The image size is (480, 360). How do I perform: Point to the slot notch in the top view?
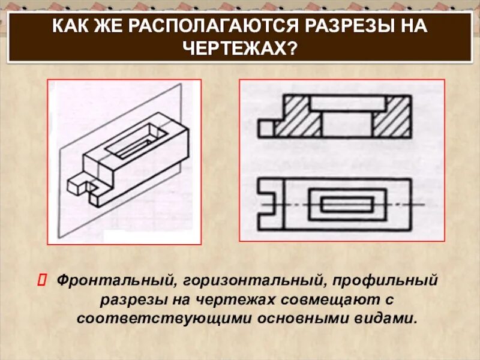click(269, 203)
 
